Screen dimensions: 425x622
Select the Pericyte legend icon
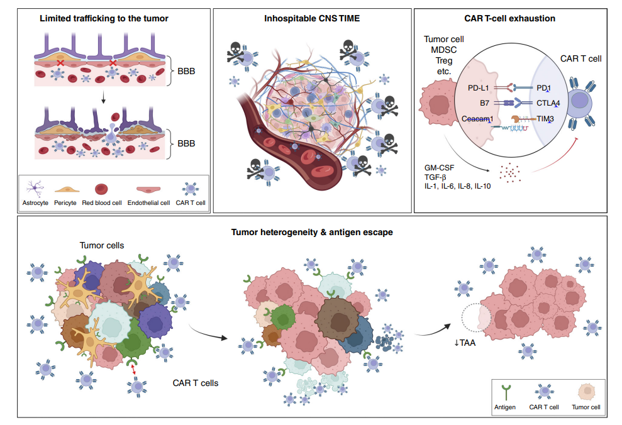pos(65,188)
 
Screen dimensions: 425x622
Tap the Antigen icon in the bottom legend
pos(504,391)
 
